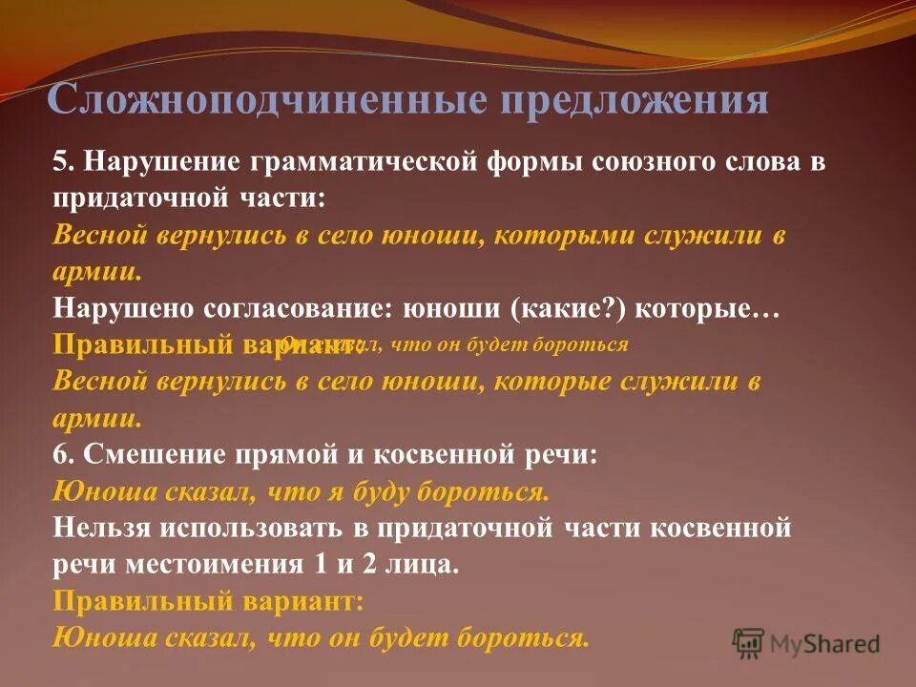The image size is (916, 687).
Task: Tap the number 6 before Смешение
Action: tap(59, 454)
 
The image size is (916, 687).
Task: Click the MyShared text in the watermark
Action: tap(824, 644)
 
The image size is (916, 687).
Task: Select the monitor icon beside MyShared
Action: tap(749, 643)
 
